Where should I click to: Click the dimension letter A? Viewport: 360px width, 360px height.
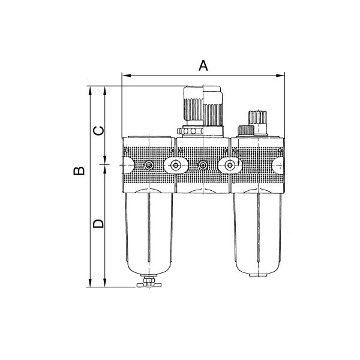[x=203, y=65]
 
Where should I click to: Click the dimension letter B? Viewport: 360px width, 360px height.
[x=79, y=171]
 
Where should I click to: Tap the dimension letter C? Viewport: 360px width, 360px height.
[x=98, y=131]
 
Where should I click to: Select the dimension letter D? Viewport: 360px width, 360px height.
[x=98, y=223]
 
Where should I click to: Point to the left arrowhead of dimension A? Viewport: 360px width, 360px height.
[x=127, y=76]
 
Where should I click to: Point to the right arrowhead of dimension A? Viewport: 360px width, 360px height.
[x=280, y=76]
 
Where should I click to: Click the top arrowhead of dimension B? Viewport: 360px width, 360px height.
[x=90, y=91]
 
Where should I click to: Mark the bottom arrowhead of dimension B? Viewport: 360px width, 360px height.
[x=90, y=283]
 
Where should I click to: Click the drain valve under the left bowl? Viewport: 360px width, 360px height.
[x=149, y=282]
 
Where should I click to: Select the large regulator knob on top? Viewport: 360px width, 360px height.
[x=203, y=106]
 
